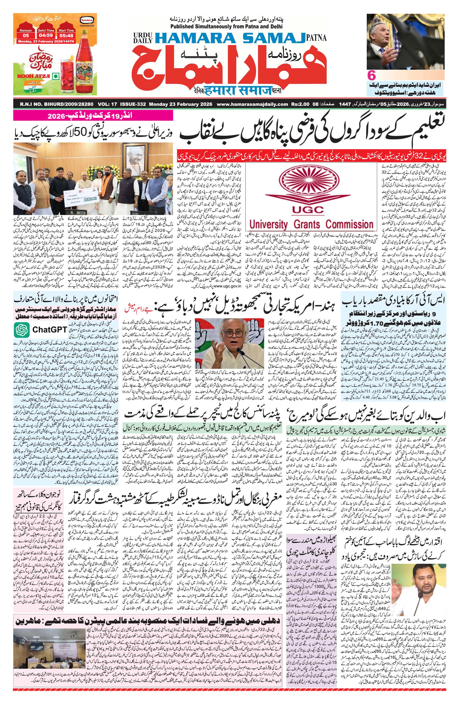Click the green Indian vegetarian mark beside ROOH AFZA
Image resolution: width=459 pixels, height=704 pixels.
tap(54, 76)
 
